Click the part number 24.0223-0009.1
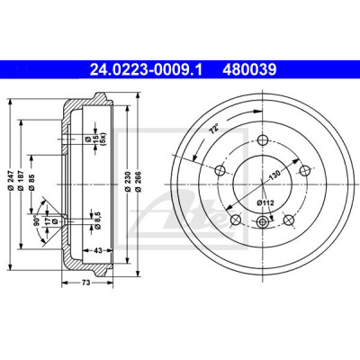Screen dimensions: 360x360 (147, 70)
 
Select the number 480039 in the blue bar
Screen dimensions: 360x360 (249, 70)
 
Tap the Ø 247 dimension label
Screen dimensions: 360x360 (11, 183)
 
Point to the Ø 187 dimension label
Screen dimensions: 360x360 (21, 183)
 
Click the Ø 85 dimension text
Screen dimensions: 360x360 (32, 183)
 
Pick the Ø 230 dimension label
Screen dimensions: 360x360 (127, 183)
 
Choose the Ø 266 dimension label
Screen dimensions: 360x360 (138, 183)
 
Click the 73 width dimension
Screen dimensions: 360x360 (86, 283)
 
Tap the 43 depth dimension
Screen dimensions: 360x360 (98, 250)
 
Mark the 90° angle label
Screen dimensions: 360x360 (37, 220)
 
